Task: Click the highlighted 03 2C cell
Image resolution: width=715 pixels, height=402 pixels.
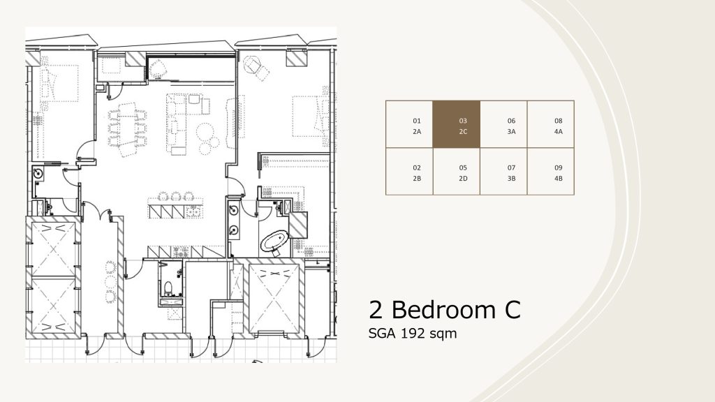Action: pyautogui.click(x=456, y=124)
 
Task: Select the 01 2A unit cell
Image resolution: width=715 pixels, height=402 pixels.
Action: pyautogui.click(x=409, y=124)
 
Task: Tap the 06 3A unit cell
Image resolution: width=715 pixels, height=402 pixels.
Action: pyautogui.click(x=503, y=124)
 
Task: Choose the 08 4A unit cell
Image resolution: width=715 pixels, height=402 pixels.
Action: pyautogui.click(x=550, y=124)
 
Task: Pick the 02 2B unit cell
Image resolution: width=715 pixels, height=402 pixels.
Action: pyautogui.click(x=409, y=172)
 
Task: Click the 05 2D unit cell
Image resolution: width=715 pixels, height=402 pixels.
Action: pyautogui.click(x=456, y=172)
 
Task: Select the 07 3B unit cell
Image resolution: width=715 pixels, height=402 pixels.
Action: pyautogui.click(x=503, y=172)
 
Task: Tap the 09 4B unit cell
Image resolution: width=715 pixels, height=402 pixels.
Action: pyautogui.click(x=550, y=172)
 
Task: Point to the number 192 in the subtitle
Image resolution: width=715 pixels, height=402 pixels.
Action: pyautogui.click(x=413, y=334)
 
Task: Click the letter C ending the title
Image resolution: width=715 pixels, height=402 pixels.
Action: pyautogui.click(x=513, y=310)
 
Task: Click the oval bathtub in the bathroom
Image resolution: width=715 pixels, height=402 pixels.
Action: pyautogui.click(x=274, y=241)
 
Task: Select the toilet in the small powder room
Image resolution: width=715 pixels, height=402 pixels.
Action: pyautogui.click(x=168, y=288)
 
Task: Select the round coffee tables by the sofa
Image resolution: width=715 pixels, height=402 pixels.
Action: pyautogui.click(x=207, y=137)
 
